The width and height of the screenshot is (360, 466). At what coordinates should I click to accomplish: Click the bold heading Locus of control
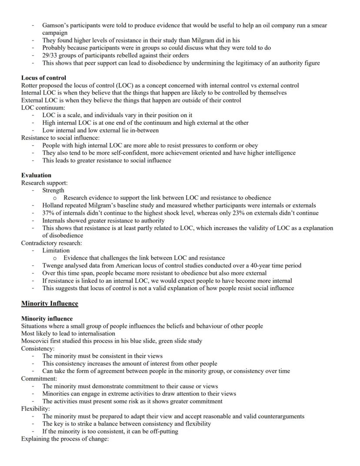coord(43,78)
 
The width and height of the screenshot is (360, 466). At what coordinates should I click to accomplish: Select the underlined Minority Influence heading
coord(50,303)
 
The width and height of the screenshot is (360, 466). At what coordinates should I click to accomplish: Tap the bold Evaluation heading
coord(36,175)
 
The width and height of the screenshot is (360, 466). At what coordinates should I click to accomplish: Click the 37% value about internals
coord(48,213)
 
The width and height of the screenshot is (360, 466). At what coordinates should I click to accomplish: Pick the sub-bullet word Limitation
coord(56,251)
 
